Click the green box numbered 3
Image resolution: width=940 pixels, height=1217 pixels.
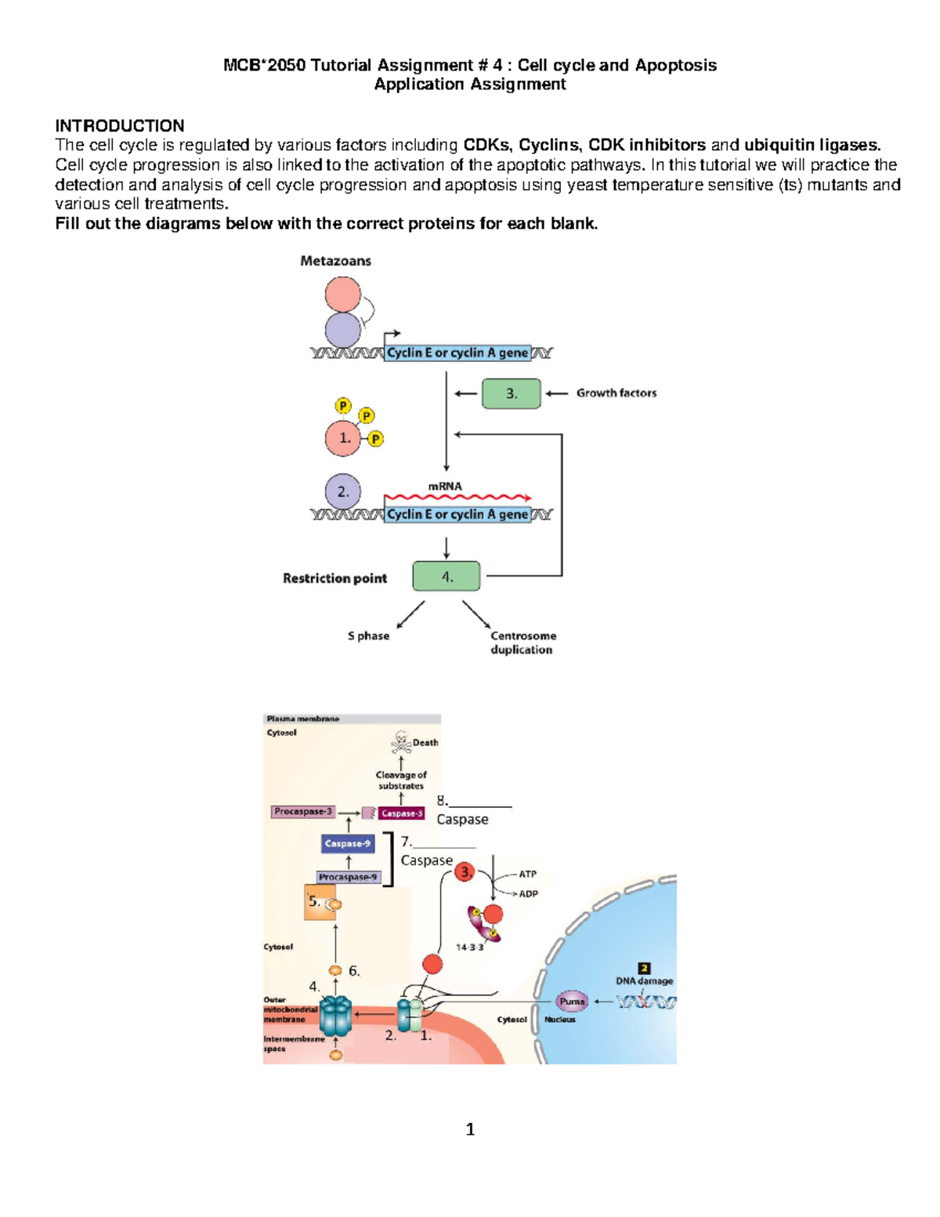click(x=511, y=393)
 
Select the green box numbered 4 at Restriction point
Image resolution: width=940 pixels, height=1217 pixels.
click(x=446, y=577)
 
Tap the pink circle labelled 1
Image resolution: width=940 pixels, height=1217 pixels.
click(x=343, y=439)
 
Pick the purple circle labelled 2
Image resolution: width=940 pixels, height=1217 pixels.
click(x=343, y=492)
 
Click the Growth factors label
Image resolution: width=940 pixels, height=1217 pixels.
click(x=616, y=393)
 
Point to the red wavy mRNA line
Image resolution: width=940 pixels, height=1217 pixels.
click(x=457, y=498)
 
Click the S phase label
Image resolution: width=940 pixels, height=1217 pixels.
click(x=368, y=636)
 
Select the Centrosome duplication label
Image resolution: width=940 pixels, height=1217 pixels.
click(x=522, y=643)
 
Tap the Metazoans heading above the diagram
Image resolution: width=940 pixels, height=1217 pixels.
click(x=335, y=261)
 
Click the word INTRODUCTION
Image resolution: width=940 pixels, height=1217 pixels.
click(x=120, y=126)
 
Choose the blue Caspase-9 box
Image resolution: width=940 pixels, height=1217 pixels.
click(x=348, y=844)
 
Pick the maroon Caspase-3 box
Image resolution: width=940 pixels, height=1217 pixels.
click(x=402, y=813)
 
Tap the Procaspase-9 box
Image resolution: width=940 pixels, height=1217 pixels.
click(x=348, y=878)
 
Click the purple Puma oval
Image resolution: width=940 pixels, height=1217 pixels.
click(x=572, y=1001)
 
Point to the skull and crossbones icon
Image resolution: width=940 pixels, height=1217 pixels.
click(x=401, y=741)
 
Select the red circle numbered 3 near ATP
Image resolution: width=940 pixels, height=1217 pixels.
click(x=465, y=871)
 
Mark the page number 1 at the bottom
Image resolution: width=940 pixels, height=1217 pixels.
click(x=470, y=1129)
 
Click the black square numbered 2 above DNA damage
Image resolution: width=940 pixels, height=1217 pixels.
click(x=644, y=969)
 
